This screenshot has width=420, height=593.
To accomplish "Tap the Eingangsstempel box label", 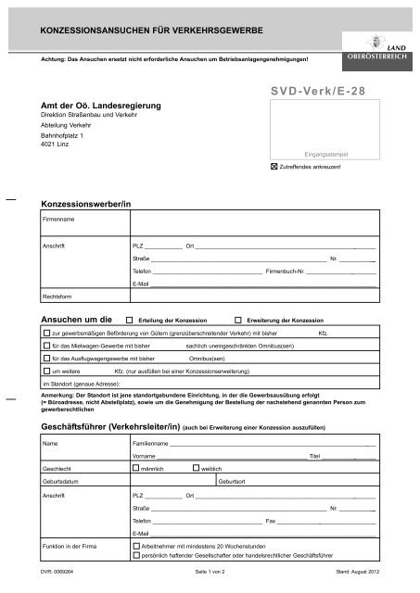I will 324,154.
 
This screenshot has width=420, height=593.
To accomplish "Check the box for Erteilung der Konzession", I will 129,317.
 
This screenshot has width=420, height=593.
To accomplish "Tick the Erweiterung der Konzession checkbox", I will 238,317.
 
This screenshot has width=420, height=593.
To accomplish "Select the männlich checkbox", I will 136,468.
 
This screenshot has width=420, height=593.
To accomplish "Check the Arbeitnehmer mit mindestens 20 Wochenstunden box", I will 128,547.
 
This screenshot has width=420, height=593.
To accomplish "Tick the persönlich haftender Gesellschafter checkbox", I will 128,559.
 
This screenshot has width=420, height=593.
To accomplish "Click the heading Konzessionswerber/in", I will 82,202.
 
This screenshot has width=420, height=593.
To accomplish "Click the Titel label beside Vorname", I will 314,456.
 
